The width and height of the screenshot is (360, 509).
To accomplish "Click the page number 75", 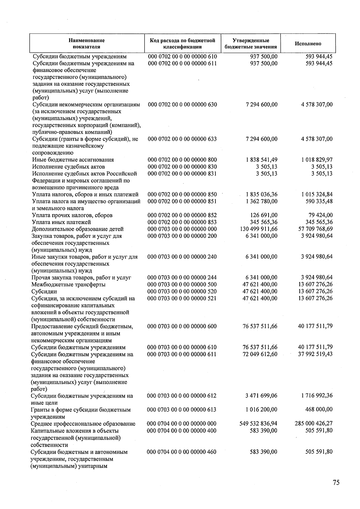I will pos(336,483).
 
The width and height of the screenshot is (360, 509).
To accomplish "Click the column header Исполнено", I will pos(308,44).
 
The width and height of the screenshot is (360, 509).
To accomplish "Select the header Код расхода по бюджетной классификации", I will pos(182,44).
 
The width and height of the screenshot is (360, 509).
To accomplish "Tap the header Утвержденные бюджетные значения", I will pos(251,44).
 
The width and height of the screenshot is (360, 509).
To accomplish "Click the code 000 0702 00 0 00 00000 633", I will pos(182,139).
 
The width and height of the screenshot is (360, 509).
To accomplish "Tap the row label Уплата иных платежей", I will pos(61,222).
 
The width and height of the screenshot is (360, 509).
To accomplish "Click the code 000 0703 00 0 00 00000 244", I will pos(182,278).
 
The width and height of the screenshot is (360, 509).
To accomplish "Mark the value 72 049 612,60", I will pos(260,354).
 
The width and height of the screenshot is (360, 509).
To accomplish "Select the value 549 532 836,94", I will pos(258,424).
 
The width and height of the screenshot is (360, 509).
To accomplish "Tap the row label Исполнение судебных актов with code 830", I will pos(68,167).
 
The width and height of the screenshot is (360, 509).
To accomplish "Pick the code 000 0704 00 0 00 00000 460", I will pos(182,452).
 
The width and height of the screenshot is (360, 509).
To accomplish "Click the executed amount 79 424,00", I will pos(320,215).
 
